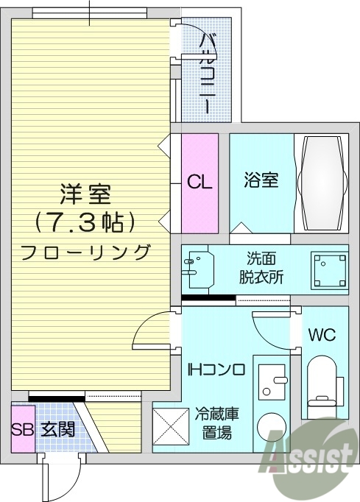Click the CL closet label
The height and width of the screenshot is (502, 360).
coord(200,182)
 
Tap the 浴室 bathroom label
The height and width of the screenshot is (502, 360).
coord(261,180)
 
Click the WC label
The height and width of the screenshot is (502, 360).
coord(322,335)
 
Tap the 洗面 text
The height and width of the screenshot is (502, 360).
coord(261,259)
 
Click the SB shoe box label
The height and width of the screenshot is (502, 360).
coord(23,428)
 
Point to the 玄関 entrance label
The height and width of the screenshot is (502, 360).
coord(57,428)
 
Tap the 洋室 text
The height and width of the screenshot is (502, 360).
coord(85,195)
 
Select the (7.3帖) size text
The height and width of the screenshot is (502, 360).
coord(85,221)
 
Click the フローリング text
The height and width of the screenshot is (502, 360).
coord(85,251)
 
